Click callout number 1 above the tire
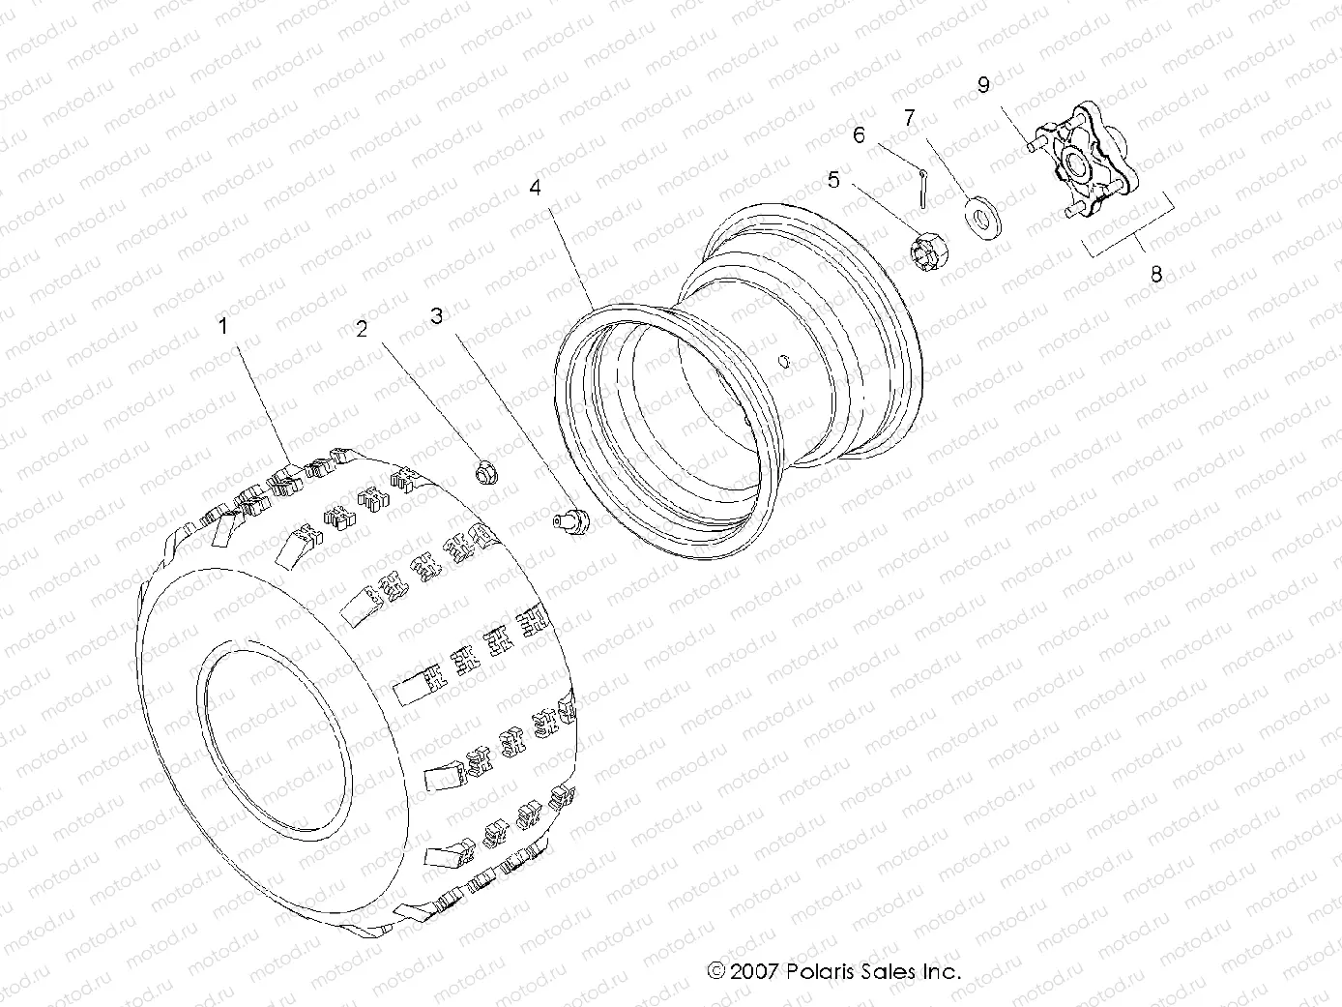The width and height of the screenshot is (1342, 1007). point(223,327)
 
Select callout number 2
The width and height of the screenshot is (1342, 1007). point(363,330)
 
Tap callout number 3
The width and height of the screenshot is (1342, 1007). point(437,316)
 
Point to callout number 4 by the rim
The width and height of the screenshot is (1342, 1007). point(535,188)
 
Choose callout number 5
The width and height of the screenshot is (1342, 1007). point(833,180)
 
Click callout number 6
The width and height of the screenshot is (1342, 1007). point(859,135)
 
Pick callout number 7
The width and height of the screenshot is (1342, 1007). point(910,118)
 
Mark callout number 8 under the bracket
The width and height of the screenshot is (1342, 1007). point(1155,274)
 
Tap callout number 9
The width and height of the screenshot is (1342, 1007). point(983,85)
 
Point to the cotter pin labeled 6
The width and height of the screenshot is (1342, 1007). point(925,188)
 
